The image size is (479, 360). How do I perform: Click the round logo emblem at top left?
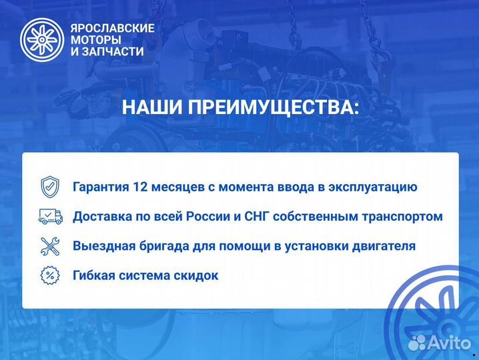coord(42,39)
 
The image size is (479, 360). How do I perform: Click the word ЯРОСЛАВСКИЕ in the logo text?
coord(112,28)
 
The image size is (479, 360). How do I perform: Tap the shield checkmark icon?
coord(50,186)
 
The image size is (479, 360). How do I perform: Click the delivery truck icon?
coord(50,216)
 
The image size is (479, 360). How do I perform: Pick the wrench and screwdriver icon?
coord(50,245)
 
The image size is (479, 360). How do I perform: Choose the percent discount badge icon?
coord(50,275)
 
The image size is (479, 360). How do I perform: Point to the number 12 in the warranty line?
coord(151,187)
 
